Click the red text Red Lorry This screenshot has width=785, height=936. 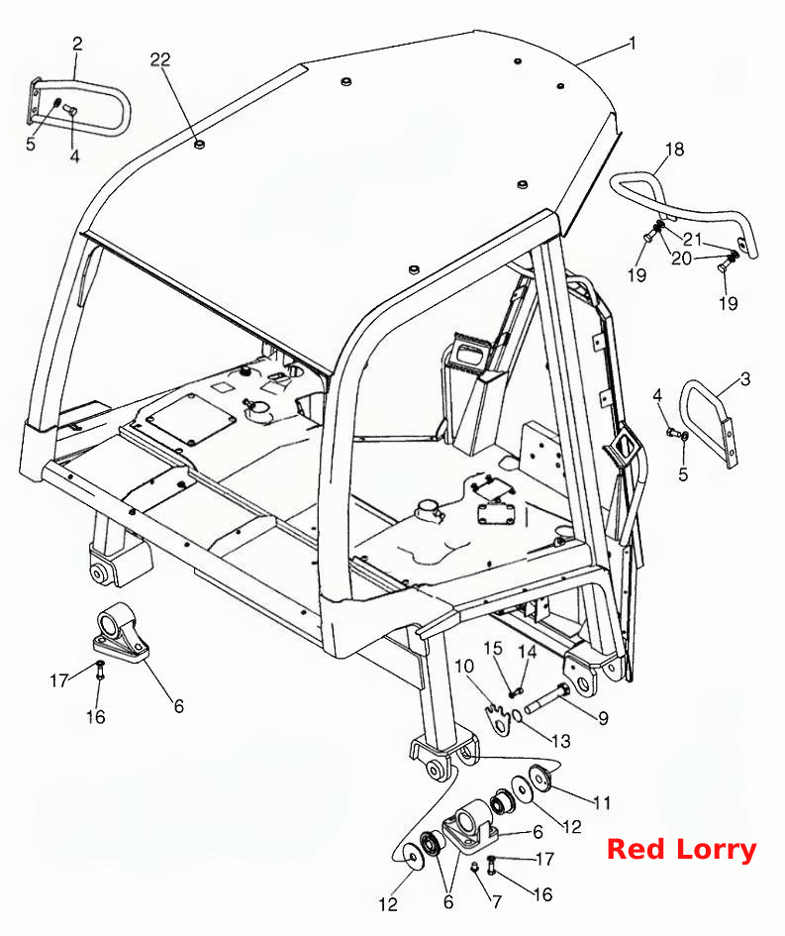(681, 848)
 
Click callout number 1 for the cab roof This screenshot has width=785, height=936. (633, 45)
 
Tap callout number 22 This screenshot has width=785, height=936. (159, 59)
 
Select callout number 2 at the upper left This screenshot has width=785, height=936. (77, 44)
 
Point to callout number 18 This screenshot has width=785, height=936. (675, 149)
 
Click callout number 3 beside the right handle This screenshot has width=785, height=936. (745, 379)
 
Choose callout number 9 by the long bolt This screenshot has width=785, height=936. (603, 718)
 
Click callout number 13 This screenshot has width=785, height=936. (561, 741)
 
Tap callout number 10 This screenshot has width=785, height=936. (464, 667)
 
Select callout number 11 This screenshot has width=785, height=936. (603, 803)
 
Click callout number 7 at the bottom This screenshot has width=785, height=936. (497, 901)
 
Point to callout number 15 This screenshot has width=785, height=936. (493, 649)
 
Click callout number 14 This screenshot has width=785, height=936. (528, 651)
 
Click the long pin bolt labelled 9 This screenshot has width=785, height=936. (546, 699)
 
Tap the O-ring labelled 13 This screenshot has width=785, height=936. (518, 715)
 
